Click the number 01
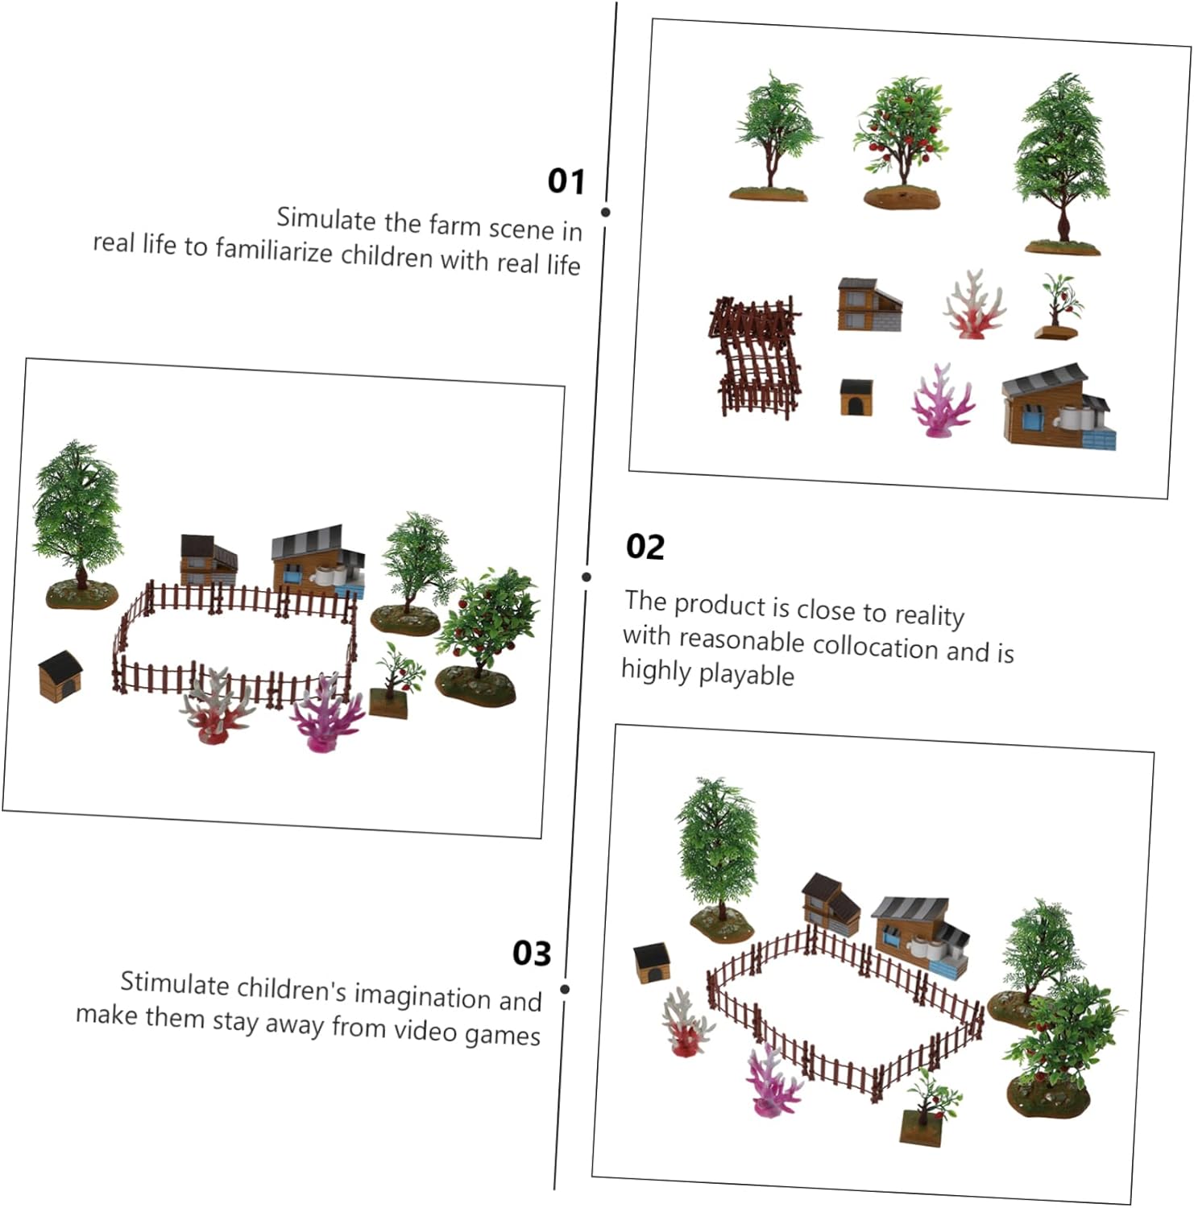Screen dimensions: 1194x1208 coord(566,180)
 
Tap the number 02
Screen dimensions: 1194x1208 coord(645,547)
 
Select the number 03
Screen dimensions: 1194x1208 coord(532,954)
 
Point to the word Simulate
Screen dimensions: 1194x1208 coord(326,219)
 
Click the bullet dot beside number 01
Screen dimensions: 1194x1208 coord(605,212)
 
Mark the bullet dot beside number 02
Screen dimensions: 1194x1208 coord(587,577)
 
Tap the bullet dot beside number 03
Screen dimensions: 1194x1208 coord(565,989)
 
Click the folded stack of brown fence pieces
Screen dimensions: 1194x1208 coord(756,355)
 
